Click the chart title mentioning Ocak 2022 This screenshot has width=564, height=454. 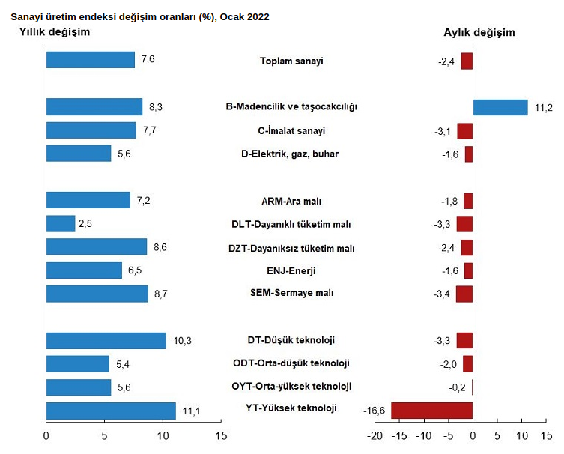(x=140, y=16)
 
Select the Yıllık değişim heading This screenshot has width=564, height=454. (x=54, y=32)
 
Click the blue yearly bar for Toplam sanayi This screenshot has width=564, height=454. (x=91, y=60)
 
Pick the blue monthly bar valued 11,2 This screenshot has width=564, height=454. (x=500, y=107)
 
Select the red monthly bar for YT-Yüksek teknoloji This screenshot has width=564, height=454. (x=432, y=411)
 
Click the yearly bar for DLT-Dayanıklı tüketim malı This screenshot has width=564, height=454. (x=61, y=223)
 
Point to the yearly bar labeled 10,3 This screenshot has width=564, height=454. (x=106, y=341)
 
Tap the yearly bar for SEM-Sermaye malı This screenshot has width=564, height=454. (x=97, y=294)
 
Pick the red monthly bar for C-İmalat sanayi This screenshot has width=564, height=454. (x=465, y=131)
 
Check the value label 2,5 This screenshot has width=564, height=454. (x=85, y=223)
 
